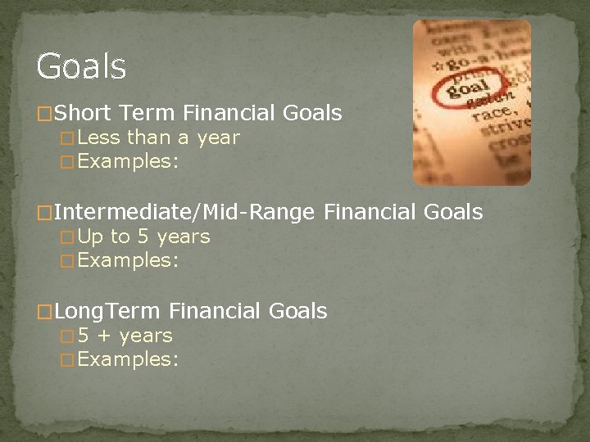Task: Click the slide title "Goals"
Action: pos(81,66)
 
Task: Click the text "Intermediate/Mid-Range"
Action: pos(184,213)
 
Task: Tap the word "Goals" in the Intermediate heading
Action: pos(453,213)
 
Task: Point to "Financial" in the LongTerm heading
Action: pos(216,311)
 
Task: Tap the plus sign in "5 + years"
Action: pos(104,336)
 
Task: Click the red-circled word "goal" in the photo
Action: pos(466,88)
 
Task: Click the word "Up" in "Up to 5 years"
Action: pos(91,237)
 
